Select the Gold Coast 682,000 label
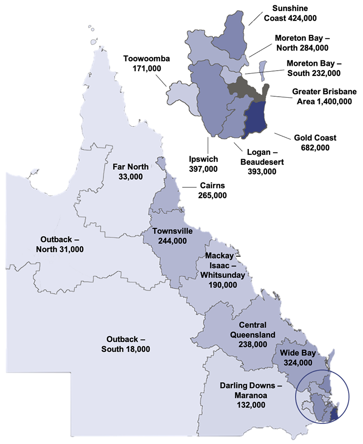[x=315, y=142]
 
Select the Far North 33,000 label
[x=130, y=172]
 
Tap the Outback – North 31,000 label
[x=60, y=244]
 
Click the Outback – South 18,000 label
[x=126, y=344]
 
